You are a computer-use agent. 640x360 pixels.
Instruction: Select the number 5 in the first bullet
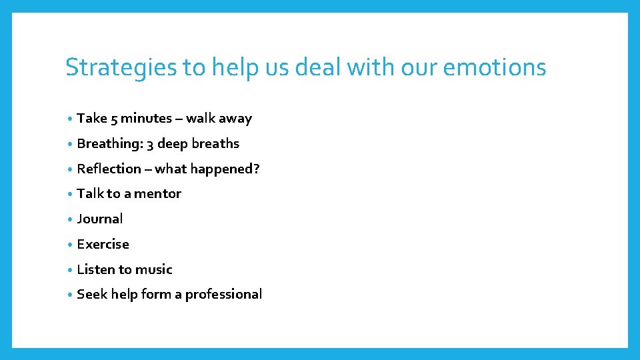pos(114,119)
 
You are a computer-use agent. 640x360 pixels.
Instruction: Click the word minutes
pos(146,119)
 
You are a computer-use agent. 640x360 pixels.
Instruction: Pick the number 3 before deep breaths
pos(151,144)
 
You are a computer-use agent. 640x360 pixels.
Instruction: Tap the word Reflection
pos(109,169)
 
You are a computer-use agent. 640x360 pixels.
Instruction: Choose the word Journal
pos(100,219)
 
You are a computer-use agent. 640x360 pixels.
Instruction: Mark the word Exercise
pos(103,244)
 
